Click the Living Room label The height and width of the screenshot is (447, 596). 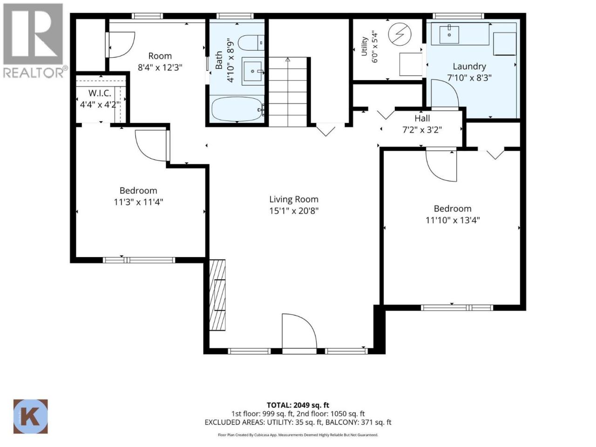tap(293, 199)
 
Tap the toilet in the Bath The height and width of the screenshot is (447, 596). tap(251, 43)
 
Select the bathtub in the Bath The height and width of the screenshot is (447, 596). tap(237, 109)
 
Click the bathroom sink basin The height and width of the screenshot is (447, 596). tap(253, 71)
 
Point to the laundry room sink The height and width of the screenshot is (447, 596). tap(449, 35)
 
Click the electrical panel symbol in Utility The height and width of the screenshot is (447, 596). tap(400, 35)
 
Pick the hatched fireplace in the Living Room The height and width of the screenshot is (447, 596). tap(217, 295)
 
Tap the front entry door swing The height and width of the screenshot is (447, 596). tap(299, 332)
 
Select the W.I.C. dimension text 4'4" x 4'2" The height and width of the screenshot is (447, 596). tap(100, 104)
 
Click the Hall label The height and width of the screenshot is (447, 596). tap(422, 118)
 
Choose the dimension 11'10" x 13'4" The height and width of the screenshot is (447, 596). tap(453, 220)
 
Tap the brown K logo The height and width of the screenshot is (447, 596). tap(30, 416)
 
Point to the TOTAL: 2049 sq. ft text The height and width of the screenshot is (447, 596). tap(298, 405)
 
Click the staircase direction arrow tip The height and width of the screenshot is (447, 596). tap(288, 58)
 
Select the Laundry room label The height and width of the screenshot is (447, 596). tap(469, 67)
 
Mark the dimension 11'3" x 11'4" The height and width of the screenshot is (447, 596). tap(138, 202)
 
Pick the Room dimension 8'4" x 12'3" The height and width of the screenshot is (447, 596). tap(160, 68)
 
